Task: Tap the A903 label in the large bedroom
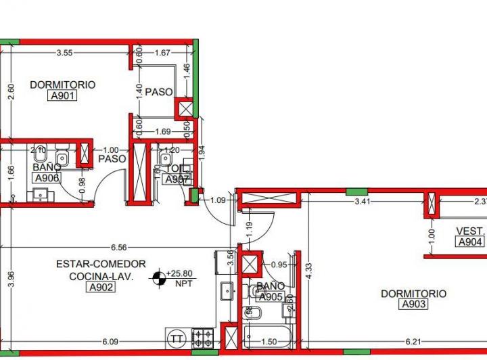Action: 413,305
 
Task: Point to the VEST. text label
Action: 470,231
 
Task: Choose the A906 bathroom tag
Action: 46,178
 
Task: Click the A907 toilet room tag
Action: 177,179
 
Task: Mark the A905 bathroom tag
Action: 270,296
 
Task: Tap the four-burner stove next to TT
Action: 202,336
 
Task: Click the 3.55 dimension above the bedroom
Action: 65,52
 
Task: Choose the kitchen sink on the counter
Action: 225,292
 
